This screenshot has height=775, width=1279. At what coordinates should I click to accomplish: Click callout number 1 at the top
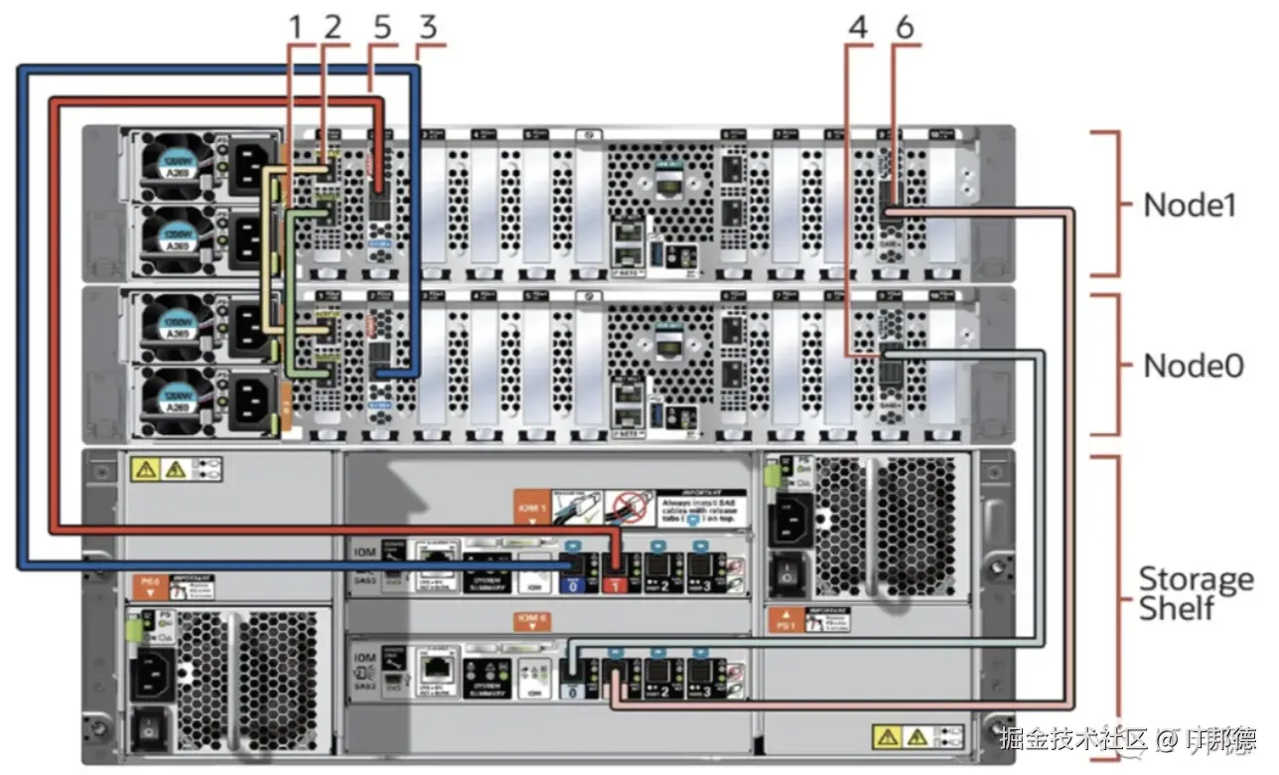coord(295,27)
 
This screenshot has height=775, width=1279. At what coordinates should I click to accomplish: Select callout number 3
coord(427,27)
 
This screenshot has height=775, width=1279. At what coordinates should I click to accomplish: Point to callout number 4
coord(858,27)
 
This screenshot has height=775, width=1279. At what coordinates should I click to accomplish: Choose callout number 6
coord(904,27)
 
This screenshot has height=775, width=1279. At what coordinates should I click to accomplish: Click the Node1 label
coord(1190,205)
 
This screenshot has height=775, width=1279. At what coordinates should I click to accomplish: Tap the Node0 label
coord(1193,365)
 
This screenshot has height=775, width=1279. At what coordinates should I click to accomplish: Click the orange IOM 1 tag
coord(531,505)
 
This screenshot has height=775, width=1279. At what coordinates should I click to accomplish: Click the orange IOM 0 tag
coord(527,620)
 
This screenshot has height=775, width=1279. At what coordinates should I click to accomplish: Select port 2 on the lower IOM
coord(658,676)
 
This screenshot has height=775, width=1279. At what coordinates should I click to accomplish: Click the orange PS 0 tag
coord(150,585)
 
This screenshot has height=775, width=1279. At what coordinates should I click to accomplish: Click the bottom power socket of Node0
coord(247,407)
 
